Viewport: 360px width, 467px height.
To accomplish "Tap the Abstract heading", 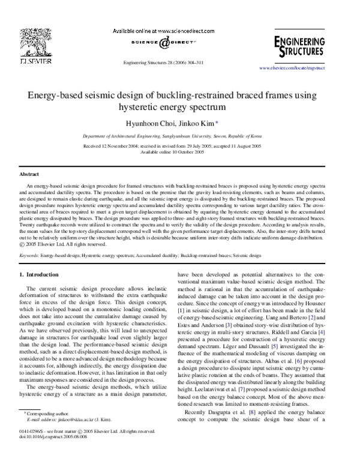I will coord(29,173).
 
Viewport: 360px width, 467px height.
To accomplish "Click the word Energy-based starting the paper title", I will coord(49,94).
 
